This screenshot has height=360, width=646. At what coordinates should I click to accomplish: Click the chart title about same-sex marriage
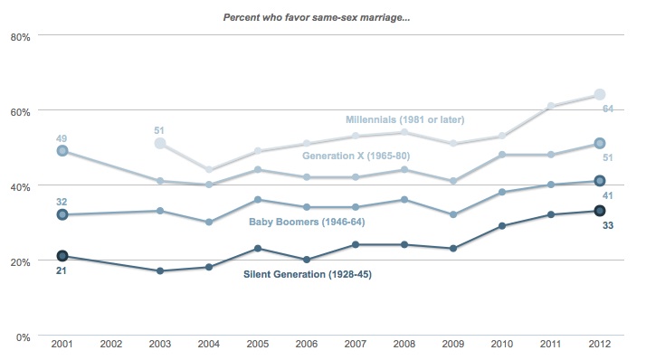tap(317, 18)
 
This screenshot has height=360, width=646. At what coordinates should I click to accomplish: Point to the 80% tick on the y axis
tap(20, 37)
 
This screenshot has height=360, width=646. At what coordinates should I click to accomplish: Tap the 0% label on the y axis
tap(24, 337)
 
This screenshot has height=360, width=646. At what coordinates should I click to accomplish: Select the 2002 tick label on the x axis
tap(110, 344)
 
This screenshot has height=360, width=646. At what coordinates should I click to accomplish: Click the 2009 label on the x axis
tap(452, 344)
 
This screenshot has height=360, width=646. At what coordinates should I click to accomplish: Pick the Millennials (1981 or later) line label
tap(405, 120)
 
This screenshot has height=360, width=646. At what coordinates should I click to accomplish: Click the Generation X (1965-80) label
tap(356, 156)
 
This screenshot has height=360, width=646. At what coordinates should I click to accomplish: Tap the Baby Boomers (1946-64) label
tap(307, 222)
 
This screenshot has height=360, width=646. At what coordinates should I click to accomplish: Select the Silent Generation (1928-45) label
tap(308, 274)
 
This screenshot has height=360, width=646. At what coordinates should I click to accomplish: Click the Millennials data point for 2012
tap(600, 94)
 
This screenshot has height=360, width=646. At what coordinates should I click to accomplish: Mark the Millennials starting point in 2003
tap(160, 143)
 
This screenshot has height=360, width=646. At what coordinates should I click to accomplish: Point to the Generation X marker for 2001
tap(62, 151)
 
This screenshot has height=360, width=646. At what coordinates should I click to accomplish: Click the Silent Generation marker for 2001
tap(62, 256)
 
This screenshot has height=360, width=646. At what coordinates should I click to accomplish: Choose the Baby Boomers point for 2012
tap(600, 181)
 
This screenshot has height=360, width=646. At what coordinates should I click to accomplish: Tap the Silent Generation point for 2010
tap(502, 226)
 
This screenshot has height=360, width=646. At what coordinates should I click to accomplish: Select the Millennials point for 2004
tap(209, 169)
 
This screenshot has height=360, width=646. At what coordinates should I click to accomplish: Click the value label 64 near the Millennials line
tap(608, 109)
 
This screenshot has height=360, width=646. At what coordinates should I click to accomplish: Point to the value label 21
tap(61, 271)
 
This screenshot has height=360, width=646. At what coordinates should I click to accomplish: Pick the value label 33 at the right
tap(608, 225)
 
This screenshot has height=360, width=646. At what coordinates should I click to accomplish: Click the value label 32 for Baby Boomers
tap(62, 202)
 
